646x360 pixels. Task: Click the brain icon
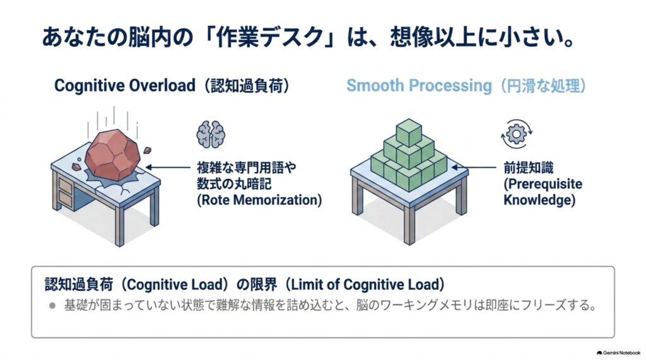pyautogui.click(x=211, y=134)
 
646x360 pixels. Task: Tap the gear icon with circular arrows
pyautogui.click(x=516, y=134)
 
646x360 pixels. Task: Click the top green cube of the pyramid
pyautogui.click(x=409, y=132)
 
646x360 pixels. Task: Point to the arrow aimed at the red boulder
pyautogui.click(x=168, y=167)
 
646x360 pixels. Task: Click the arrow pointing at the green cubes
pyautogui.click(x=474, y=167)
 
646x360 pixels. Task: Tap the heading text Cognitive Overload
pyautogui.click(x=124, y=86)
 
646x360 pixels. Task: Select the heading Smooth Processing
pyautogui.click(x=419, y=86)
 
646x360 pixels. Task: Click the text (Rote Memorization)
pyautogui.click(x=259, y=200)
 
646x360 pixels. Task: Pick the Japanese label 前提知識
pyautogui.click(x=529, y=168)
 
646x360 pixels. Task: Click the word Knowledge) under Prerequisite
pyautogui.click(x=539, y=200)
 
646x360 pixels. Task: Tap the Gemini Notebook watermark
pyautogui.click(x=618, y=353)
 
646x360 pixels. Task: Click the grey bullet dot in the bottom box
pyautogui.click(x=52, y=306)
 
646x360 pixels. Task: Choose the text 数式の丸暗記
pyautogui.click(x=234, y=183)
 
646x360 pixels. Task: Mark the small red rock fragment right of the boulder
pyautogui.click(x=147, y=150)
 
